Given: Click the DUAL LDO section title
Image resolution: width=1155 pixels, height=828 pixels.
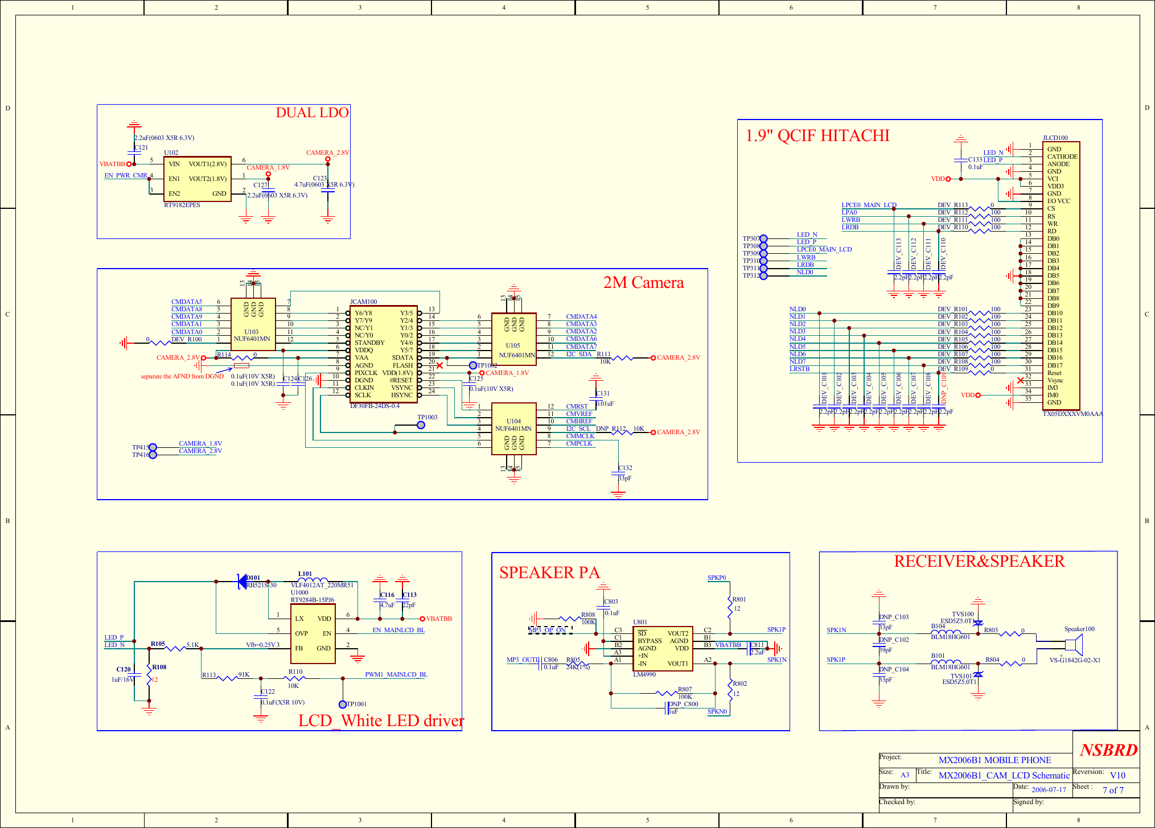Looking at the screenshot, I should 312,113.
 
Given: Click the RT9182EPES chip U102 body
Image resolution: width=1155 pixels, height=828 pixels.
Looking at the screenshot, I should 197,179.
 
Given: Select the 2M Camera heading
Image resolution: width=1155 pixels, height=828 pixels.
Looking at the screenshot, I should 643,283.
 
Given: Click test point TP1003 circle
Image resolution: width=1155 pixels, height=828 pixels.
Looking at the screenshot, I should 421,425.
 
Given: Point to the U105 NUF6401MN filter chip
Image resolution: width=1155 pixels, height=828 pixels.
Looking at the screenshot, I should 513,339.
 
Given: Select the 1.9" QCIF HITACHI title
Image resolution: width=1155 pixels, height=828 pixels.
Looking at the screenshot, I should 817,135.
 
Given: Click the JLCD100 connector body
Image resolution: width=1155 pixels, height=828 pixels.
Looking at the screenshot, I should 1061,275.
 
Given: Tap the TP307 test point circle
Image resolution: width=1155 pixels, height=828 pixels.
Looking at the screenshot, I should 763,238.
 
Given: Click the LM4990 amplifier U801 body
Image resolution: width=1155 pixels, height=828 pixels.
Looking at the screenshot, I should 663,648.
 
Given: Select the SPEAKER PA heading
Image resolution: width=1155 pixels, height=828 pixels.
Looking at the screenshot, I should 549,572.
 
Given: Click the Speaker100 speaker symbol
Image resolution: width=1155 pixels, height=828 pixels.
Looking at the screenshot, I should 1074,645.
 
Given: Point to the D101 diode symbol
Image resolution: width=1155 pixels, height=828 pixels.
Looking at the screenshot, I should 242,582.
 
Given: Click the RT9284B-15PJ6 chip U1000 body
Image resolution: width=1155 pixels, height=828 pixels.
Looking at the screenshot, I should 313,633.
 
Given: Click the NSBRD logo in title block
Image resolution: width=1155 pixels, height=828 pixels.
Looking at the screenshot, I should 1108,749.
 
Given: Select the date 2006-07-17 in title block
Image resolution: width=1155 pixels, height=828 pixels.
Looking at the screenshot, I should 1049,790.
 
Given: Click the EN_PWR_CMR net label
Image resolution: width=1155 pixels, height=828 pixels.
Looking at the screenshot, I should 126,175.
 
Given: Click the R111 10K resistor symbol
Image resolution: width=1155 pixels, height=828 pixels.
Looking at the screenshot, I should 622,358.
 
